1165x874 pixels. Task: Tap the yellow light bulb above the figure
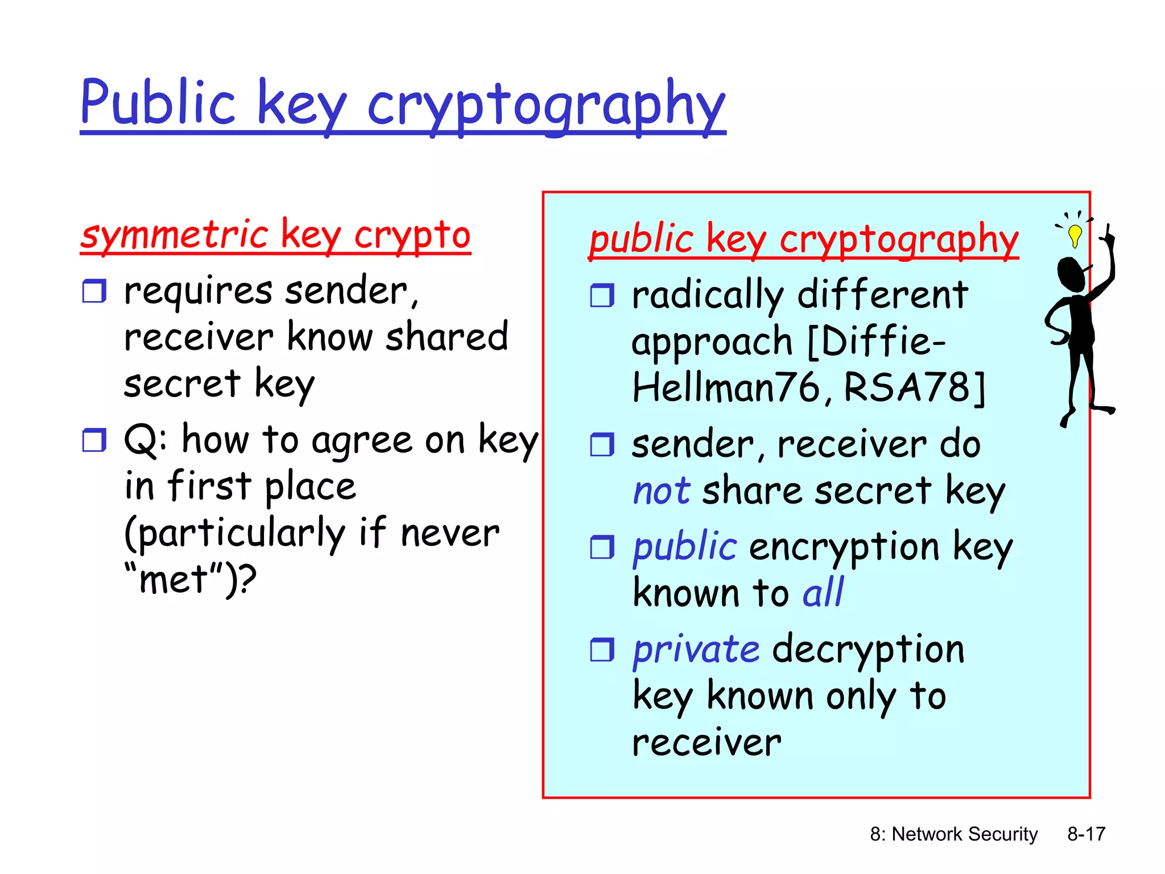(x=1075, y=234)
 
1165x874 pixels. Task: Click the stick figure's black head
(x=1071, y=273)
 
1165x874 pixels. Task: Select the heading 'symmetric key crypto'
(x=275, y=234)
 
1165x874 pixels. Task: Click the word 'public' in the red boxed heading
(x=641, y=239)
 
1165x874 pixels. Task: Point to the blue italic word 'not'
(x=662, y=490)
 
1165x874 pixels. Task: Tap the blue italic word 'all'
(x=823, y=593)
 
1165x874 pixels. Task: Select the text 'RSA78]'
(x=914, y=388)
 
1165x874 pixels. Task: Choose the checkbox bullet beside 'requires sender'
(x=94, y=291)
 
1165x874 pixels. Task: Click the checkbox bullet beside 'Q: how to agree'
(x=94, y=440)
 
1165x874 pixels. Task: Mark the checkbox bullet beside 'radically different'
(x=602, y=295)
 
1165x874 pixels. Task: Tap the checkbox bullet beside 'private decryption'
(x=602, y=649)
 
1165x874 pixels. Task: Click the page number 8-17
(x=1086, y=834)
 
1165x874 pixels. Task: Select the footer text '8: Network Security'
(x=953, y=834)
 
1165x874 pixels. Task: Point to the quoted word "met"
(x=173, y=580)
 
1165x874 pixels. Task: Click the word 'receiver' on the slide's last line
(x=707, y=743)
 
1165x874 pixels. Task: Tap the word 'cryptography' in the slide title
(x=546, y=105)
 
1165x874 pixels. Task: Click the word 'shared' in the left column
(x=447, y=337)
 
